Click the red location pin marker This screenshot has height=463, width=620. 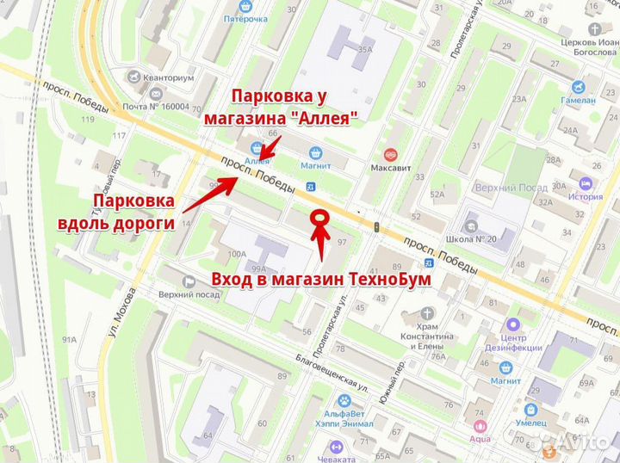[320, 221]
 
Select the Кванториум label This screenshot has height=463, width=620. [170, 77]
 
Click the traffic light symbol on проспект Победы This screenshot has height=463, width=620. [376, 226]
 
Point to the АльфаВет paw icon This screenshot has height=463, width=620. [344, 402]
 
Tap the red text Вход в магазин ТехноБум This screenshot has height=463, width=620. [321, 280]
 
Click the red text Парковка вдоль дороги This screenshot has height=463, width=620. [133, 212]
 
